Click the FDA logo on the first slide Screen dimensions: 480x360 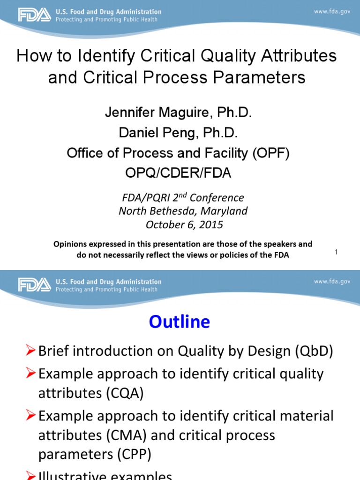point(34,15)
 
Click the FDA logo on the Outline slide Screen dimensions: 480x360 point(34,285)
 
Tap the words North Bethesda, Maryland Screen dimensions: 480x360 point(183,211)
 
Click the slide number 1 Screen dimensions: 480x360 point(336,253)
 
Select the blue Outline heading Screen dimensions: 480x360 point(180,322)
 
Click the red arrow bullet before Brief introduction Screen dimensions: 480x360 point(30,352)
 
